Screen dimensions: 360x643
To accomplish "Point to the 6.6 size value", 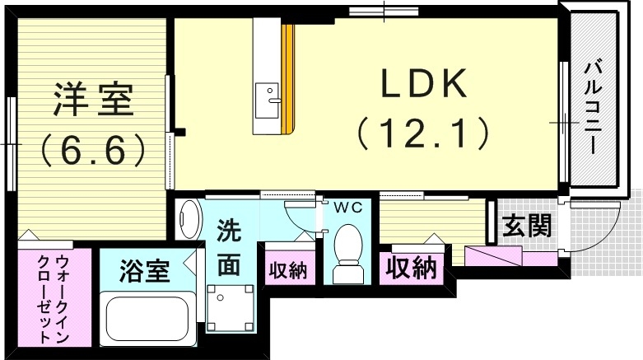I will click(92, 149).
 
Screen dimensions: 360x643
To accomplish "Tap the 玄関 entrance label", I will click(527, 226).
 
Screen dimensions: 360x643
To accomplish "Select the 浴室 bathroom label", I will click(144, 269).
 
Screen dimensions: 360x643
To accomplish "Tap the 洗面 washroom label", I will click(229, 249).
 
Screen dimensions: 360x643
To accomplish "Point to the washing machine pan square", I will click(228, 307).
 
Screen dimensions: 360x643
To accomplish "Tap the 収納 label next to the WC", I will click(288, 269).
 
